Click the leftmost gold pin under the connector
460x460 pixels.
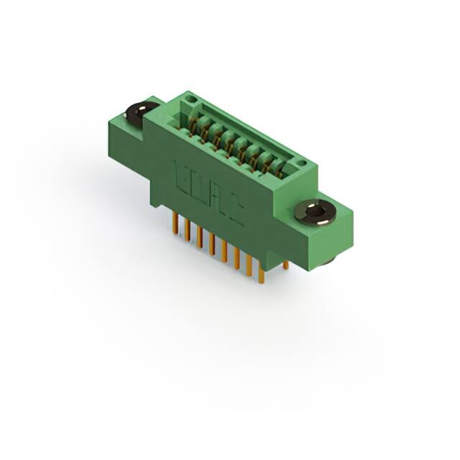[176, 224]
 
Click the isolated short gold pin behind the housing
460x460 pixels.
[285, 265]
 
